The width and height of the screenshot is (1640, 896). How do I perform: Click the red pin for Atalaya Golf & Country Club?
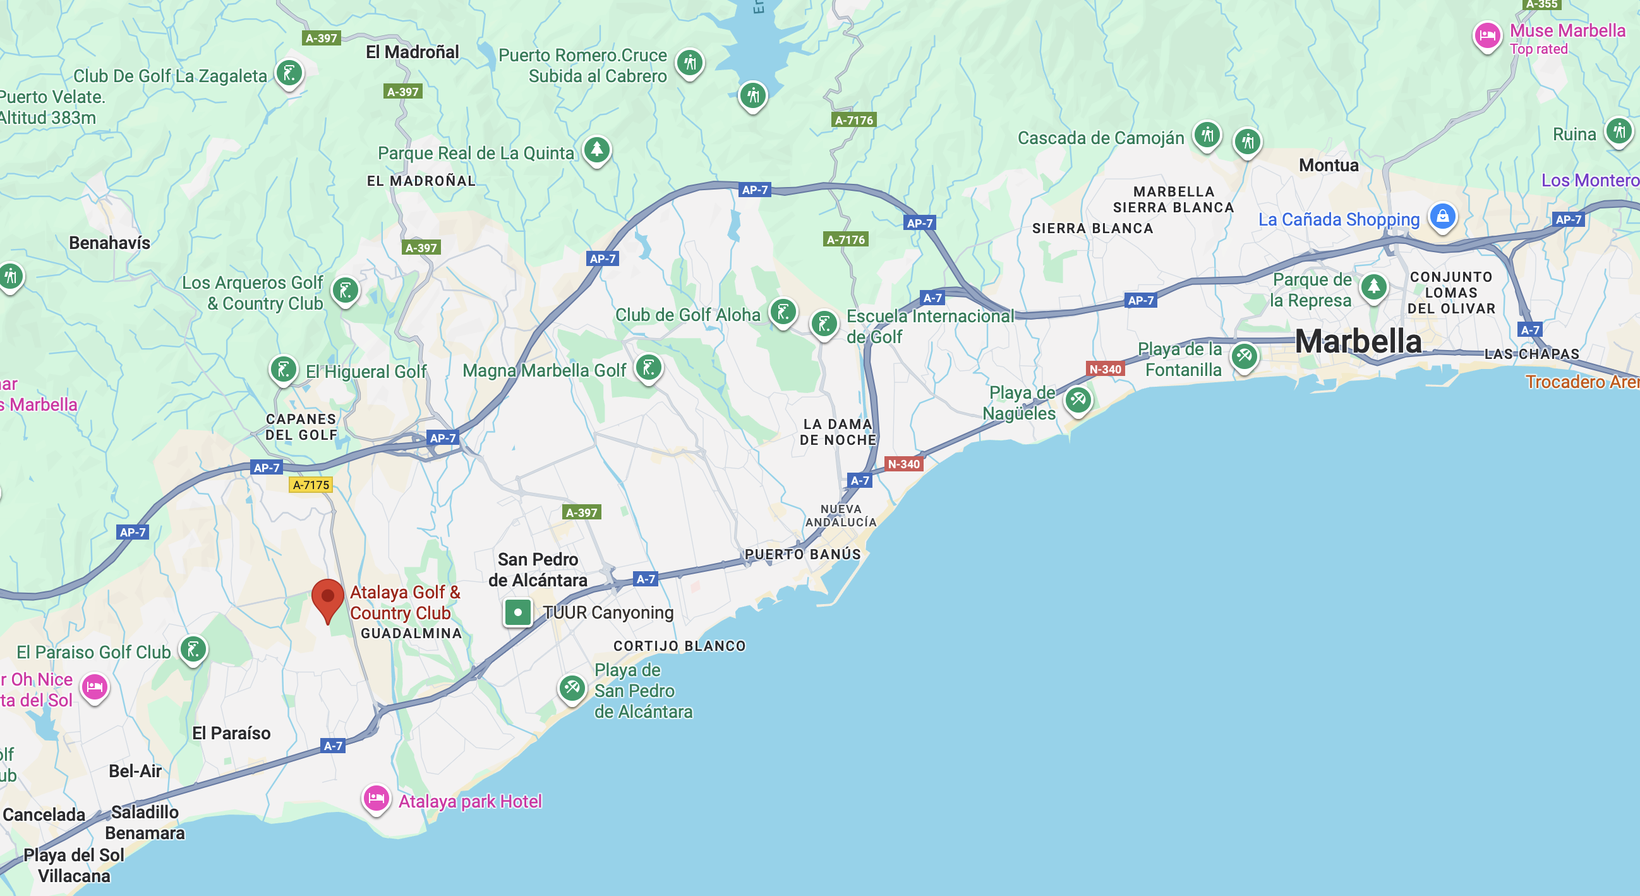coord(328,597)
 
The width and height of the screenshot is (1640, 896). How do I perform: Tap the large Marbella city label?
coord(1358,341)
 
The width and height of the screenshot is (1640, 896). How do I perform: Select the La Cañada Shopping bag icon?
coord(1442,217)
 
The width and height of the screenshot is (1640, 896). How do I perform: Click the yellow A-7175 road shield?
coord(311,485)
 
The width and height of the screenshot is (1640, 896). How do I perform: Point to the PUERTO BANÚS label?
coord(802,554)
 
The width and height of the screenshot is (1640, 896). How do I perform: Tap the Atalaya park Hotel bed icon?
coord(376,798)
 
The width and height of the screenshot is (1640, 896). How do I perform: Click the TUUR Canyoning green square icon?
coord(517,613)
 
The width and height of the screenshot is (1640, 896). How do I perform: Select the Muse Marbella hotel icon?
coord(1486,35)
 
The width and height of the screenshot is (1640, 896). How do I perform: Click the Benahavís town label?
coord(109,243)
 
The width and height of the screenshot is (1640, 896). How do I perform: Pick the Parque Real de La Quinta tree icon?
coord(596,150)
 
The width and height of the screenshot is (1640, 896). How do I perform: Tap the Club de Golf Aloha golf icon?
coord(783,312)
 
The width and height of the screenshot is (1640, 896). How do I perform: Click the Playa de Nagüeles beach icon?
coord(1077,400)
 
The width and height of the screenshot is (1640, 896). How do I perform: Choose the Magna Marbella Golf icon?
coord(649,368)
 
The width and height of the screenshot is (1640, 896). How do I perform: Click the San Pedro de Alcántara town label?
coord(538,569)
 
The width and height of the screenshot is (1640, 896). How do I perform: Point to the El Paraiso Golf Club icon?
coord(193,650)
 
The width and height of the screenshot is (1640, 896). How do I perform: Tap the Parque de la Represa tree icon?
coord(1373,287)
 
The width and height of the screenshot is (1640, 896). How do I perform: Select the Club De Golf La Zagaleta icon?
coord(289,73)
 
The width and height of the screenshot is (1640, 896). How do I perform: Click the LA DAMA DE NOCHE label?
coord(838,432)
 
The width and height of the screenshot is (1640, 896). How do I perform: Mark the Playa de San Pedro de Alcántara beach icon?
coord(572,687)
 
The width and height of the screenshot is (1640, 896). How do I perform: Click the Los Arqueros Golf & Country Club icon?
coord(346,291)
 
